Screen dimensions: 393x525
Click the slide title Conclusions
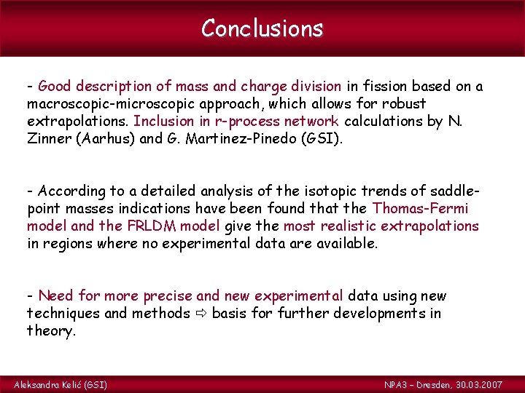pos(262,28)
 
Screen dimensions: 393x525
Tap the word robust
pos(406,104)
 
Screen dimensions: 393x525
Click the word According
pos(72,191)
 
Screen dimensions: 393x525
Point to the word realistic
pos(359,226)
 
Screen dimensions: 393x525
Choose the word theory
pos(51,331)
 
